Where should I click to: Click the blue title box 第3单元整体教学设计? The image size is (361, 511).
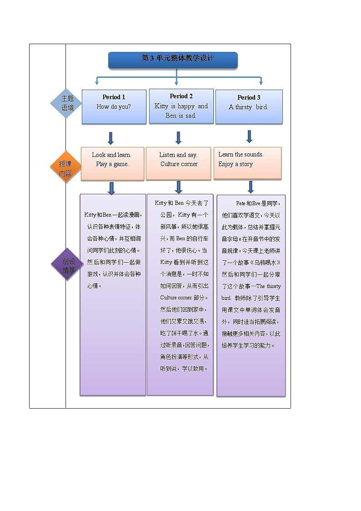pos(173,60)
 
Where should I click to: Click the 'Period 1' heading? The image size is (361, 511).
pos(114,97)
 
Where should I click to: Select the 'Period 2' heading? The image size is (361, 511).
pos(181,96)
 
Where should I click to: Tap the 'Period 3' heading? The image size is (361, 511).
pos(249,97)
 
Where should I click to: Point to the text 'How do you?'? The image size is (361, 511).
pos(114,107)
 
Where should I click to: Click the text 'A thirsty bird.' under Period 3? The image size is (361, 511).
pos(248,107)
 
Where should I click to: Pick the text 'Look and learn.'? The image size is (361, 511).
pos(111,155)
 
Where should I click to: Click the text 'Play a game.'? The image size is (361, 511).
pos(112,164)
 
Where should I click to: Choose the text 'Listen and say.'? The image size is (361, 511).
pos(178,155)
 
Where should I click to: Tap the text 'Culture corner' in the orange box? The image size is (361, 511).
pos(179,164)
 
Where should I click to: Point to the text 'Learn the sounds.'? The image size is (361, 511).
pos(241,154)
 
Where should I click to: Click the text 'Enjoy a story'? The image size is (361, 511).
pos(236,164)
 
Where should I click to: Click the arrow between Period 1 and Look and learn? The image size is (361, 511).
pos(110,138)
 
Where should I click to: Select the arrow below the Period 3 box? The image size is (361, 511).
pos(249,137)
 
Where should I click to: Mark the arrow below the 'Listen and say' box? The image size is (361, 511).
pos(178,187)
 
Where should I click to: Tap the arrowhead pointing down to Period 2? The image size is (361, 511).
pos(176,83)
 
